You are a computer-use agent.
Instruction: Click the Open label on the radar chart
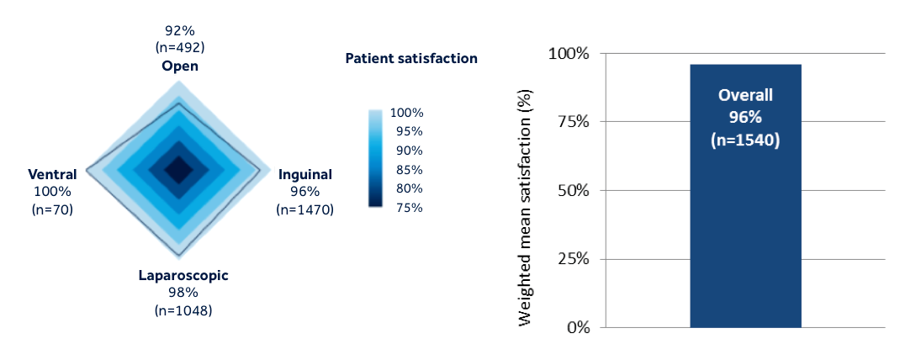pos(180,66)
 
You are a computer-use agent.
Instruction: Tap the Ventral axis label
pos(52,174)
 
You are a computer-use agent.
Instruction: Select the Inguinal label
pos(305,175)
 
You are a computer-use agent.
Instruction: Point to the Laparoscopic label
pos(183,276)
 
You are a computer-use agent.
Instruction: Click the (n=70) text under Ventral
pos(52,209)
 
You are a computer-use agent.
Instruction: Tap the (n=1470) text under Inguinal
pos(304,209)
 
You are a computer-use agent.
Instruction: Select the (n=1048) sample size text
pos(183,310)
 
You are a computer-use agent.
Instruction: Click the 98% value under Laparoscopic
pos(183,293)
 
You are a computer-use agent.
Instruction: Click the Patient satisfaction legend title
pos(411,58)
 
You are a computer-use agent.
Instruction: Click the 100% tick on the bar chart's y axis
pos(569,54)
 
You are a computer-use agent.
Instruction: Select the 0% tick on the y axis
pos(577,327)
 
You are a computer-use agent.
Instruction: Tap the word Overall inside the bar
pos(745,95)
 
